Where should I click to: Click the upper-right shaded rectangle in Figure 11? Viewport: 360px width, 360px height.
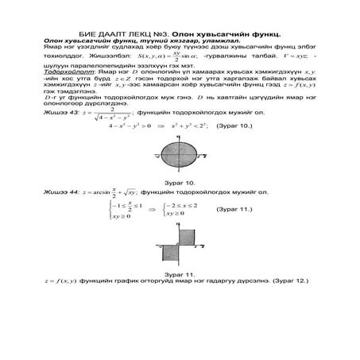[x=188, y=237]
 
